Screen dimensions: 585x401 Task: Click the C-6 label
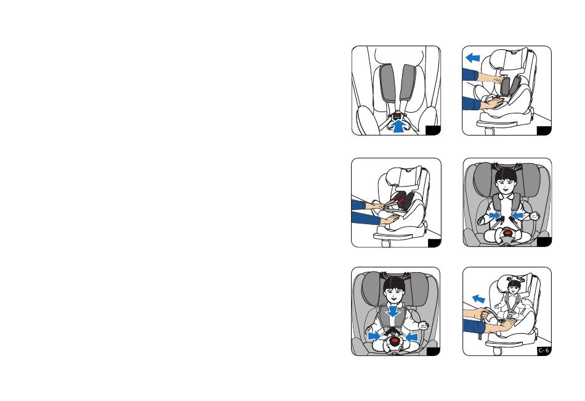tap(544, 350)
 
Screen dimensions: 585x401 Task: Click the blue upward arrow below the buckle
tap(399, 126)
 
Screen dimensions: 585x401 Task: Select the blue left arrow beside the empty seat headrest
tap(473, 58)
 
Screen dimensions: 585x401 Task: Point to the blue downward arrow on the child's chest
tap(392, 312)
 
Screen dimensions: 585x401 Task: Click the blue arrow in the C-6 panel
tap(478, 299)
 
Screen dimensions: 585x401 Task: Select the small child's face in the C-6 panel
tap(515, 288)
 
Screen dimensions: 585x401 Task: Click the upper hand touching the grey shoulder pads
tap(490, 78)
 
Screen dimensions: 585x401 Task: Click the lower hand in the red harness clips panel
tap(390, 219)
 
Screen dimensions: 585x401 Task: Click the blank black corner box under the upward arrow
tap(433, 131)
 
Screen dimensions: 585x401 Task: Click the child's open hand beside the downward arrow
tap(422, 325)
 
